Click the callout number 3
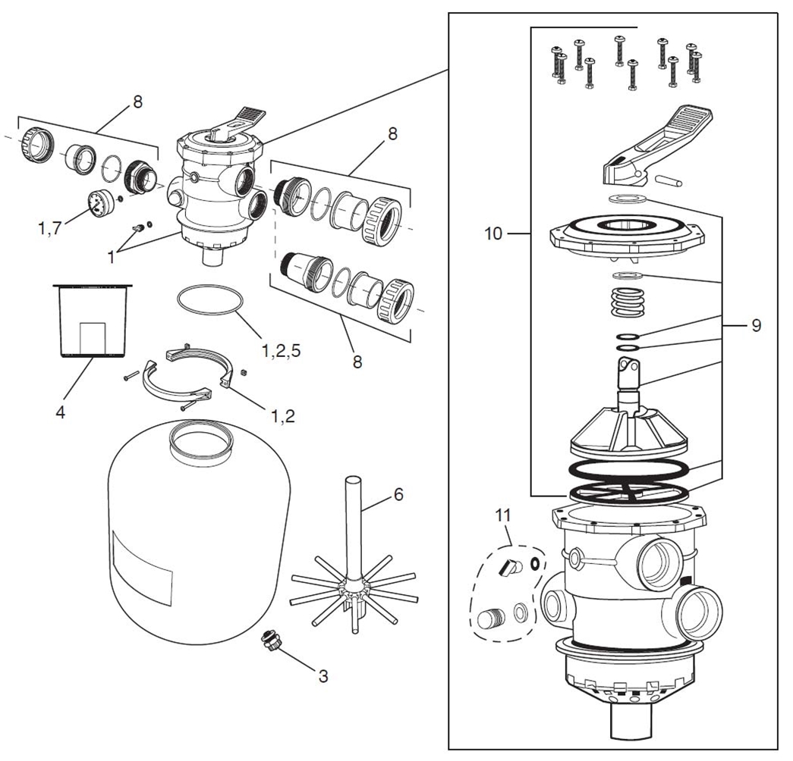(323, 675)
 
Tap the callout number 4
(60, 412)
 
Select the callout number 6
(398, 495)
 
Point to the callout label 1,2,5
(282, 350)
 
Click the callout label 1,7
(49, 228)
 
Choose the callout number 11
(503, 516)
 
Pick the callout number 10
(493, 233)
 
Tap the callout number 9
(756, 325)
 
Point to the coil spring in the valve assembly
(627, 302)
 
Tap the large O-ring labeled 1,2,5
(210, 299)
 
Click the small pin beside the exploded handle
(668, 180)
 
